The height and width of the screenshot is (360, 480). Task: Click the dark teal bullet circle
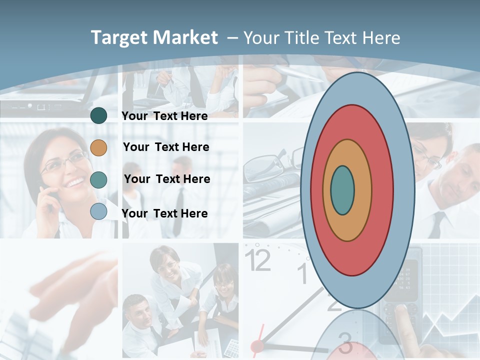pyautogui.click(x=98, y=116)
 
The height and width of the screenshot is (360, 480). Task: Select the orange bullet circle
pyautogui.click(x=98, y=147)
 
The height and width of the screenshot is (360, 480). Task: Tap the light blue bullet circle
pyautogui.click(x=98, y=211)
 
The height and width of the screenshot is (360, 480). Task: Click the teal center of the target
pyautogui.click(x=342, y=190)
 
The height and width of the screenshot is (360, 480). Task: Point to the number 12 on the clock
pyautogui.click(x=258, y=260)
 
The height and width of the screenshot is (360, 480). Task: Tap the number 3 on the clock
pyautogui.click(x=345, y=342)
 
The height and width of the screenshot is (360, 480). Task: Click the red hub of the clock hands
pyautogui.click(x=257, y=345)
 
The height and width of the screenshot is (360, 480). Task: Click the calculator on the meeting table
pyautogui.click(x=231, y=346)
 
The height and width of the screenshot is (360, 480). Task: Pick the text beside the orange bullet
pyautogui.click(x=166, y=147)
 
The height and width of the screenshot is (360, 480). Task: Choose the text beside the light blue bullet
pyautogui.click(x=164, y=213)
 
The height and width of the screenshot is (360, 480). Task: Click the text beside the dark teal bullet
pyautogui.click(x=164, y=116)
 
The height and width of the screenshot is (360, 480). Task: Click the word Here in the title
pyautogui.click(x=381, y=38)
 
